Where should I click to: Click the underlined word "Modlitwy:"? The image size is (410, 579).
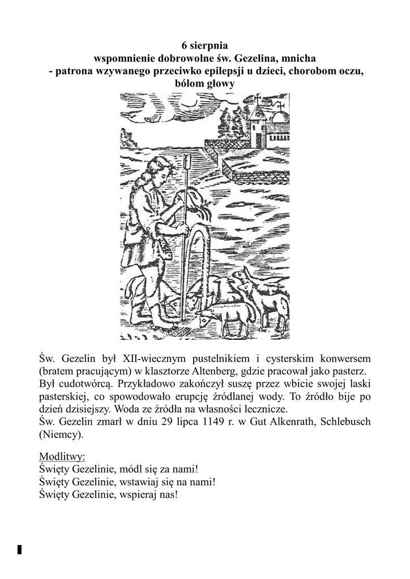click(62, 456)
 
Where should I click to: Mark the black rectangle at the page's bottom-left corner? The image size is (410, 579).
click(19, 549)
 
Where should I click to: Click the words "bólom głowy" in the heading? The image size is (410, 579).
click(204, 84)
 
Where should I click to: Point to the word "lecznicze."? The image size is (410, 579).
click(266, 409)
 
